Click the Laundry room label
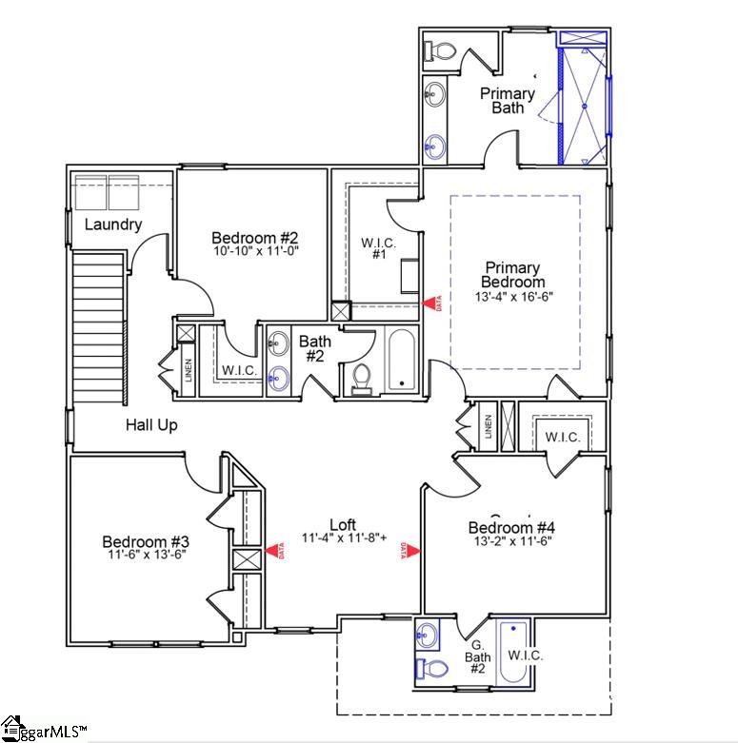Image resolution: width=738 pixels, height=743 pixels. (x=113, y=225)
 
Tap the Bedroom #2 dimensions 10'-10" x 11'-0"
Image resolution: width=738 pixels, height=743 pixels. (x=255, y=252)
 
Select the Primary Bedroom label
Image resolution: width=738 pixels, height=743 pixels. (x=512, y=275)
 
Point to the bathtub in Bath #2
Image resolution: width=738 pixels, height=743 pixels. (x=401, y=359)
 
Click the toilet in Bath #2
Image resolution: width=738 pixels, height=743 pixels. (x=361, y=378)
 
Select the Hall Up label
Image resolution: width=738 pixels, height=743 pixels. (x=151, y=425)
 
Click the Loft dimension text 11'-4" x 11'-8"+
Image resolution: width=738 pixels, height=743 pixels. (x=344, y=538)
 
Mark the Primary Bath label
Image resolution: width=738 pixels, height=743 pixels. (x=508, y=101)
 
